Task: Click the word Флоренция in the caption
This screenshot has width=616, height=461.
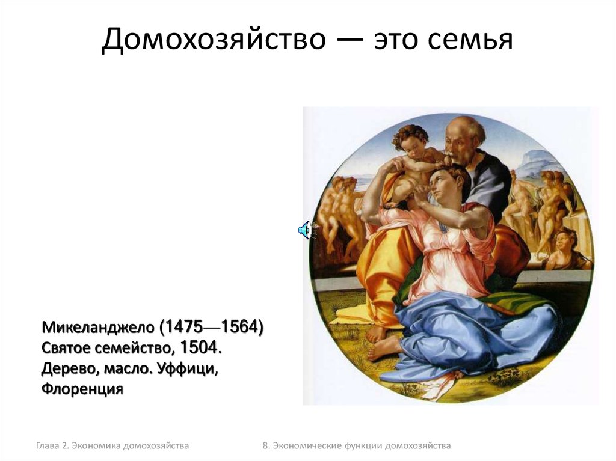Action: (x=82, y=389)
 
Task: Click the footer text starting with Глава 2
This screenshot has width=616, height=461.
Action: (x=112, y=445)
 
